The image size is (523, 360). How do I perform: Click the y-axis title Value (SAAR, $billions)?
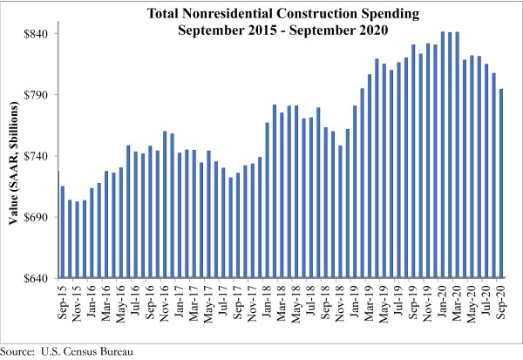[15, 157]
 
